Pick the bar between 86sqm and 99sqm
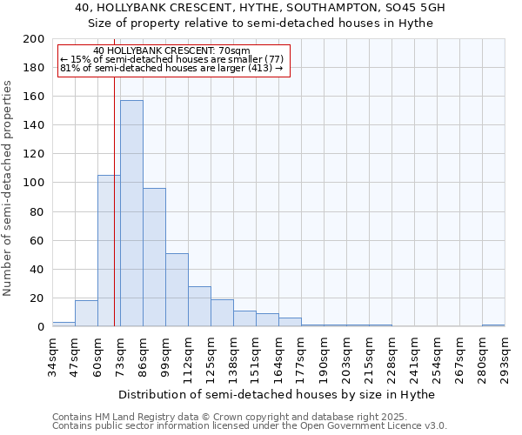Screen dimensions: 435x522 point(154,257)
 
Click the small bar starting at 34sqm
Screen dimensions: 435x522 point(64,325)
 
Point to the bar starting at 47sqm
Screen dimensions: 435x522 point(86,313)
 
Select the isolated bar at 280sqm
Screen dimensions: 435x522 point(493,325)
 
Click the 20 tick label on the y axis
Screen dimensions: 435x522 point(37,298)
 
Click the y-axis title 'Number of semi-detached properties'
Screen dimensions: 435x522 point(9,188)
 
